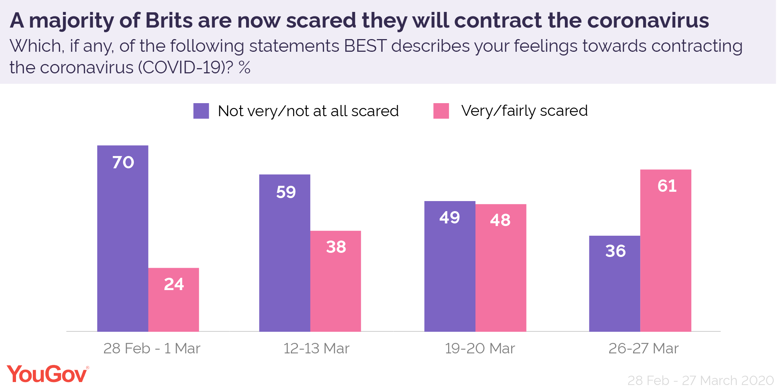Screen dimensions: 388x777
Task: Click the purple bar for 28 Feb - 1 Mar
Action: coord(123,238)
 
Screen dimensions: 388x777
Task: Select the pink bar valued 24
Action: coord(174,300)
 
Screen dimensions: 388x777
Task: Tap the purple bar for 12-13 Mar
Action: coord(284,253)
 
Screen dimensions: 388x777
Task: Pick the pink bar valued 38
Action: coord(336,281)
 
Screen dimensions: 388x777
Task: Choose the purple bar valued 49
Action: coord(450,266)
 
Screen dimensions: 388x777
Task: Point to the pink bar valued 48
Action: coord(501,268)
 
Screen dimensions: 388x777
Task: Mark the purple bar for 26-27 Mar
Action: coord(614,283)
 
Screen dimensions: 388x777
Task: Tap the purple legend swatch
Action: coord(201,111)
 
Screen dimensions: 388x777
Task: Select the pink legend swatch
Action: coord(441,111)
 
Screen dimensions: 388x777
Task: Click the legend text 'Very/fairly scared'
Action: coord(524,111)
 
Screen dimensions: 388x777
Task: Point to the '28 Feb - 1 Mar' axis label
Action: coord(152,349)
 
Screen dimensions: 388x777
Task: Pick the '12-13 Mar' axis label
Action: coord(316,349)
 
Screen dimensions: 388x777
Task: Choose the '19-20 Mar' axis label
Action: coord(480,349)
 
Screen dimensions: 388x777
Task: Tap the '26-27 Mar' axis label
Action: coord(644,349)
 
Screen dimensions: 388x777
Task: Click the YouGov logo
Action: coord(48,374)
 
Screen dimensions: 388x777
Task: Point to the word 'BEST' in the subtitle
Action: coord(365,46)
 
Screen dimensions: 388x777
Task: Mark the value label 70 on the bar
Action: coord(123,162)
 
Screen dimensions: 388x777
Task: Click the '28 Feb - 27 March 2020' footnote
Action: coord(701,381)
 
